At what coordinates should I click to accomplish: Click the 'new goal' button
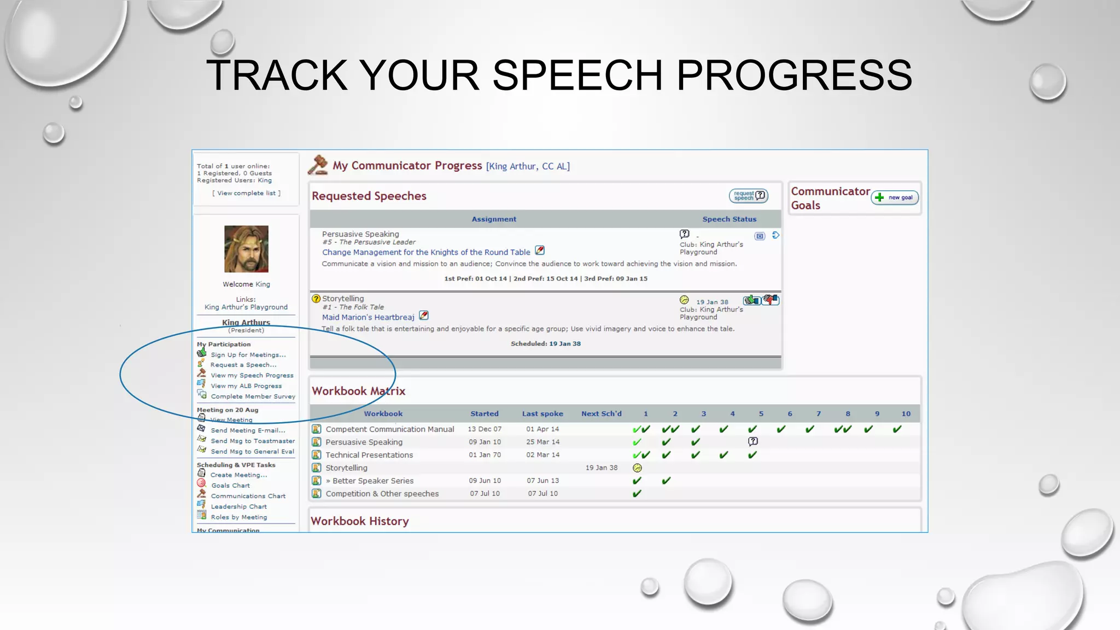[x=895, y=197]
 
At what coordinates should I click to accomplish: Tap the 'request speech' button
[x=748, y=196]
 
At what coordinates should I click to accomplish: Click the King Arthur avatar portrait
[x=246, y=249]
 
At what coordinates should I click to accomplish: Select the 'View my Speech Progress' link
[x=252, y=376]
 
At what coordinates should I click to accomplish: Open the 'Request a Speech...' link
[x=243, y=365]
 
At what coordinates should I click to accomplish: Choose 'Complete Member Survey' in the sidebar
[x=253, y=396]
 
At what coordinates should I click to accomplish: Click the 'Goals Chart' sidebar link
[x=230, y=486]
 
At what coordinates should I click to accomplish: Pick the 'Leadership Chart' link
[x=238, y=507]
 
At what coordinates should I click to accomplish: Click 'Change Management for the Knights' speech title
[x=426, y=252]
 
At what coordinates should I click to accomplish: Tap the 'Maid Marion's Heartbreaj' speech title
[x=368, y=317]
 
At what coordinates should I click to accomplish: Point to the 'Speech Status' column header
[x=729, y=219]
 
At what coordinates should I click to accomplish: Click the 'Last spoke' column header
[x=542, y=414]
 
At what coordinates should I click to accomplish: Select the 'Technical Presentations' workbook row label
[x=369, y=455]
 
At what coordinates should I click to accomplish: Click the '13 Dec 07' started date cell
[x=484, y=429]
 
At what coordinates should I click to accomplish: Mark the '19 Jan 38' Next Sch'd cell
[x=601, y=468]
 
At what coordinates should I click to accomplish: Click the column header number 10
[x=906, y=414]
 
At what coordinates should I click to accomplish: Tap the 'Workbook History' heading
[x=359, y=521]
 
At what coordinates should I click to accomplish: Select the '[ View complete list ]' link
[x=246, y=193]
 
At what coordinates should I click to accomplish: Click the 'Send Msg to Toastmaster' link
[x=253, y=441]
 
